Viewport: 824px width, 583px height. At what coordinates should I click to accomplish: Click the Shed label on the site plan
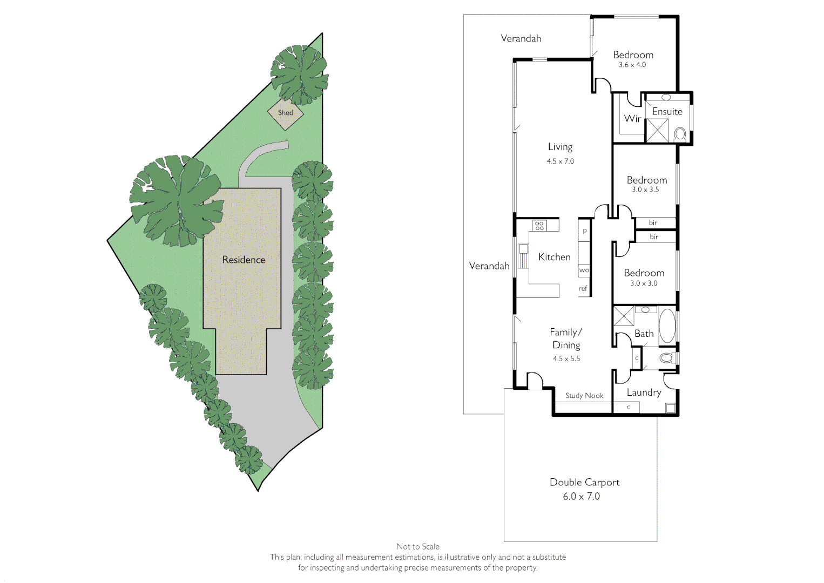click(286, 113)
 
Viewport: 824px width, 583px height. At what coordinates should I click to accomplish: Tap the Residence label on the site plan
click(244, 260)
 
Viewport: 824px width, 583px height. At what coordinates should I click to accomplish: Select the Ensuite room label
click(667, 112)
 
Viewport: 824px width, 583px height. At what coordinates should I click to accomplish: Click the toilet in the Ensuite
click(680, 133)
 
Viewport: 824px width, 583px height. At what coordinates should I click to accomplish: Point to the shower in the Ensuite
click(657, 131)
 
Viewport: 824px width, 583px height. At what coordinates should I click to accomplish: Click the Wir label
click(632, 118)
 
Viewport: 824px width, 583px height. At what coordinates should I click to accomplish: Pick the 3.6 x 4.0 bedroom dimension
click(632, 65)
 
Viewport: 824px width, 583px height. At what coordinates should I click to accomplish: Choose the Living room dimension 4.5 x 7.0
click(560, 161)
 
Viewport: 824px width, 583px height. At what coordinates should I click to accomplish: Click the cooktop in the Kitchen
click(539, 225)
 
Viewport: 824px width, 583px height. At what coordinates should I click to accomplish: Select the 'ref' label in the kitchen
click(583, 289)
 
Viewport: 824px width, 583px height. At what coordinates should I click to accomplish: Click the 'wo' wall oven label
click(584, 270)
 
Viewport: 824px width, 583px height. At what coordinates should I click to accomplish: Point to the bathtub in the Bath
click(667, 326)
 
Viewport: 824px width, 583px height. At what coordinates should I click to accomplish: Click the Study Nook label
click(584, 396)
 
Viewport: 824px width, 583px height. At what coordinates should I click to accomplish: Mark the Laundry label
click(644, 392)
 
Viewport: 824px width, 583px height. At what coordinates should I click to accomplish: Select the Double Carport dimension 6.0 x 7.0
click(581, 497)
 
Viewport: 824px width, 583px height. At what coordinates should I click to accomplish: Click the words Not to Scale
click(417, 547)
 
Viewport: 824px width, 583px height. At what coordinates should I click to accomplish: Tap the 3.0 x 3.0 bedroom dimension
click(644, 283)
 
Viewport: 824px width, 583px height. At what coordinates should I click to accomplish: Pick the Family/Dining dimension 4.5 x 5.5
click(566, 359)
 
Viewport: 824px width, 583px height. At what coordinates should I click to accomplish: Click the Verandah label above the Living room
click(521, 38)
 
